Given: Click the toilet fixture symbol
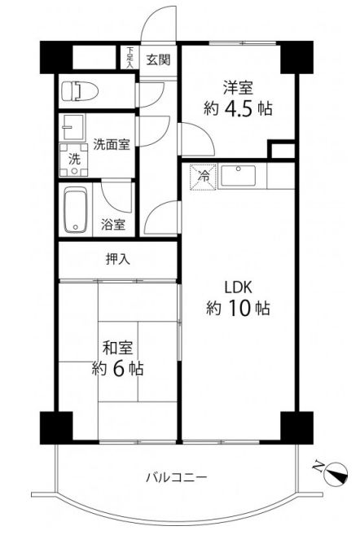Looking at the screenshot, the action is pyautogui.click(x=80, y=91).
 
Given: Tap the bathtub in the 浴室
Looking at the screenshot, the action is pyautogui.click(x=76, y=211).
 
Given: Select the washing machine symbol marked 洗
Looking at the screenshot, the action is pyautogui.click(x=73, y=160).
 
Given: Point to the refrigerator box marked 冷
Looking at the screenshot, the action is pyautogui.click(x=203, y=177).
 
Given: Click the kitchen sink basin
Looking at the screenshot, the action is pyautogui.click(x=238, y=176).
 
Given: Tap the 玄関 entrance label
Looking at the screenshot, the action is pyautogui.click(x=158, y=60).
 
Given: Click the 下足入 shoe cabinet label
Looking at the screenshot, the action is pyautogui.click(x=130, y=58).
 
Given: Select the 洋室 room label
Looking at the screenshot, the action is pyautogui.click(x=238, y=87).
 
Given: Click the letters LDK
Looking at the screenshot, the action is pyautogui.click(x=238, y=287).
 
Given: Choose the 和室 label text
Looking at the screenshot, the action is pyautogui.click(x=118, y=348).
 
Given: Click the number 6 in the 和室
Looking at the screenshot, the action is pyautogui.click(x=118, y=369).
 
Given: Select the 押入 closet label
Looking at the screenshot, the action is pyautogui.click(x=118, y=260).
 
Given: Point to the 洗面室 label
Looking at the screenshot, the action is pyautogui.click(x=112, y=145).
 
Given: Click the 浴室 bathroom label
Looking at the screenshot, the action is pyautogui.click(x=113, y=224).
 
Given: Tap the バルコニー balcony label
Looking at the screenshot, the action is pyautogui.click(x=177, y=477).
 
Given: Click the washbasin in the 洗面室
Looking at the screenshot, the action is pyautogui.click(x=72, y=127).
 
